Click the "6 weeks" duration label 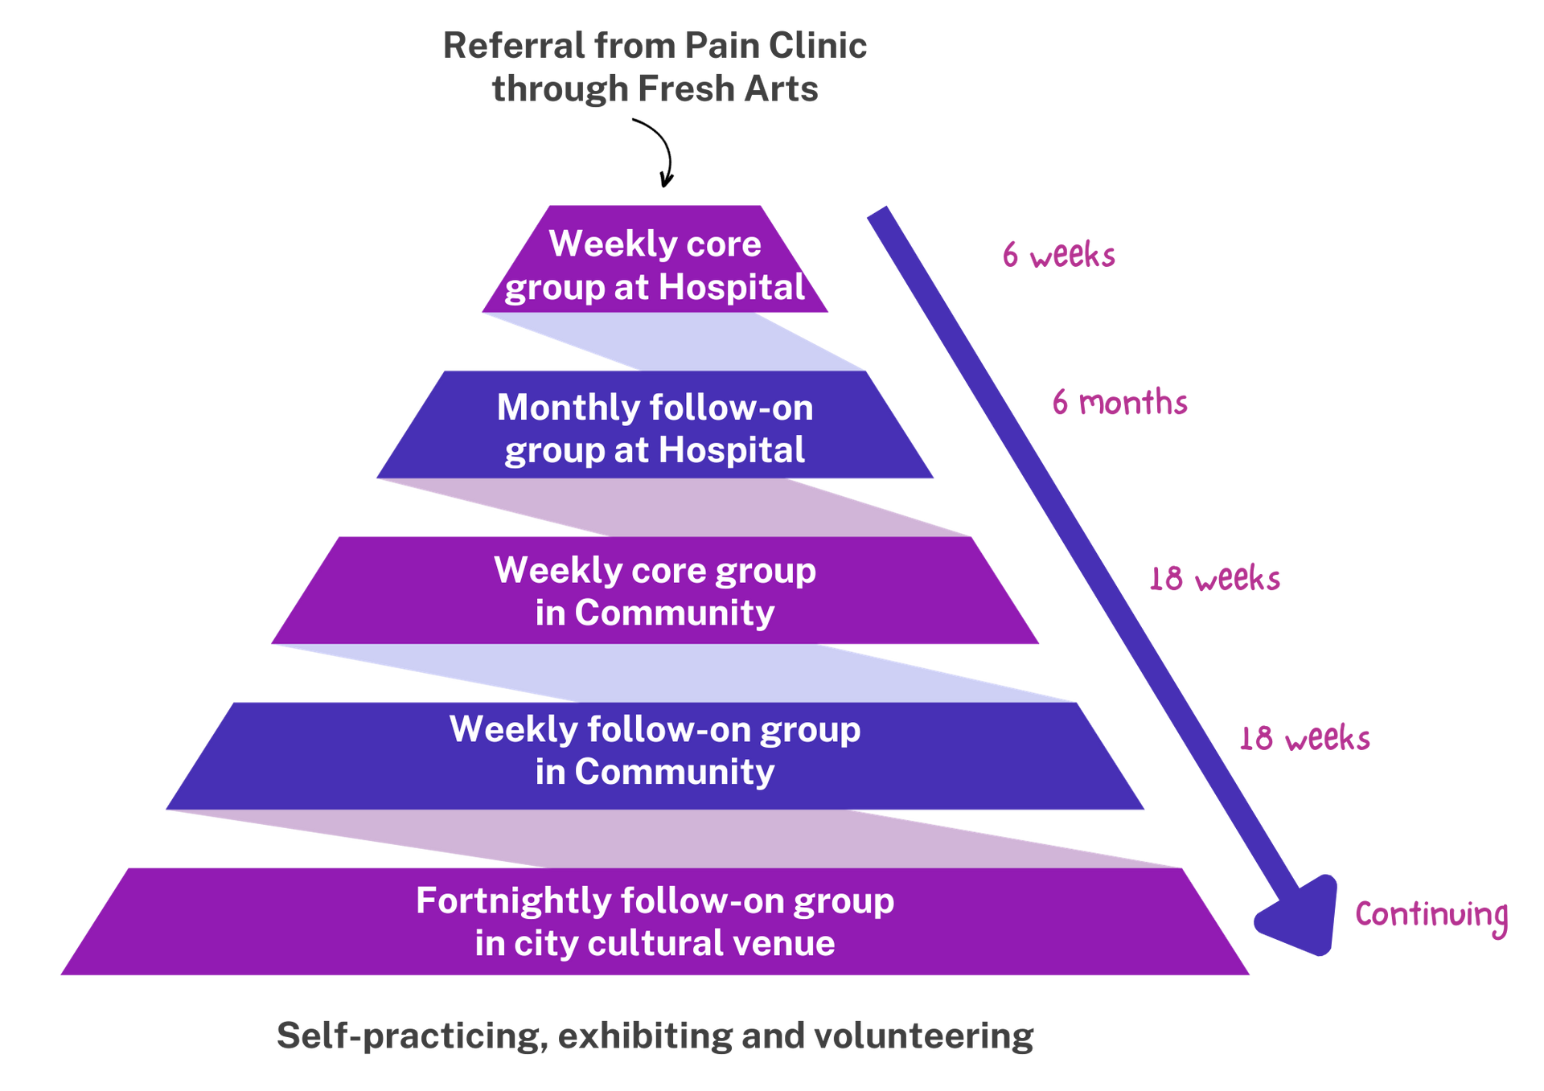pos(1058,255)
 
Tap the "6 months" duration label pos(1119,402)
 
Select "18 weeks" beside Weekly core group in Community pos(1214,579)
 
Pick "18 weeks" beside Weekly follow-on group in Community pos(1304,738)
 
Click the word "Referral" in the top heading pos(514,46)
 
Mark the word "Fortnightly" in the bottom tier pos(513,901)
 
